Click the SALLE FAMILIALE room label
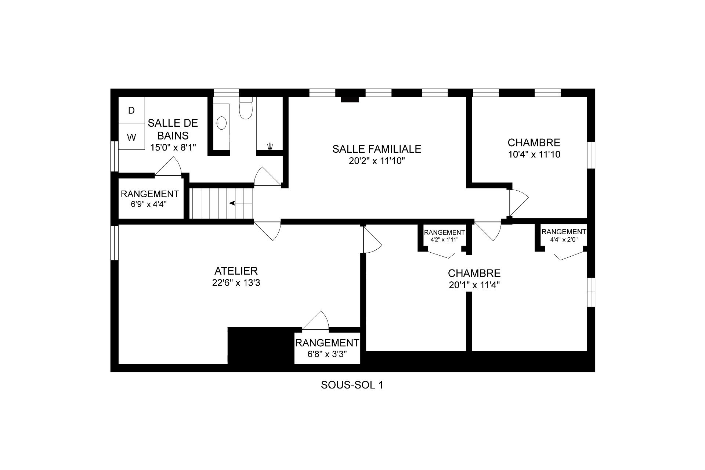point(377,149)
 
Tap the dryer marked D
point(131,110)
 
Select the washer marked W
point(131,137)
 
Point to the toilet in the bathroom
point(246,108)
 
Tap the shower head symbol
point(270,146)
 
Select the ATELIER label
point(236,271)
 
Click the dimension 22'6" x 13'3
point(236,283)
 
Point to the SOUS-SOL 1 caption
point(352,385)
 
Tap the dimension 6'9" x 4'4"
point(149,205)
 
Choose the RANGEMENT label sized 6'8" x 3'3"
point(327,343)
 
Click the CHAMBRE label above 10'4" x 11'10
point(534,142)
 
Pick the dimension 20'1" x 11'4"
point(474,285)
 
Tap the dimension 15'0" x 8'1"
point(173,148)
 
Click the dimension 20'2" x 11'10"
point(377,161)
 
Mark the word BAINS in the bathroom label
point(173,135)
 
